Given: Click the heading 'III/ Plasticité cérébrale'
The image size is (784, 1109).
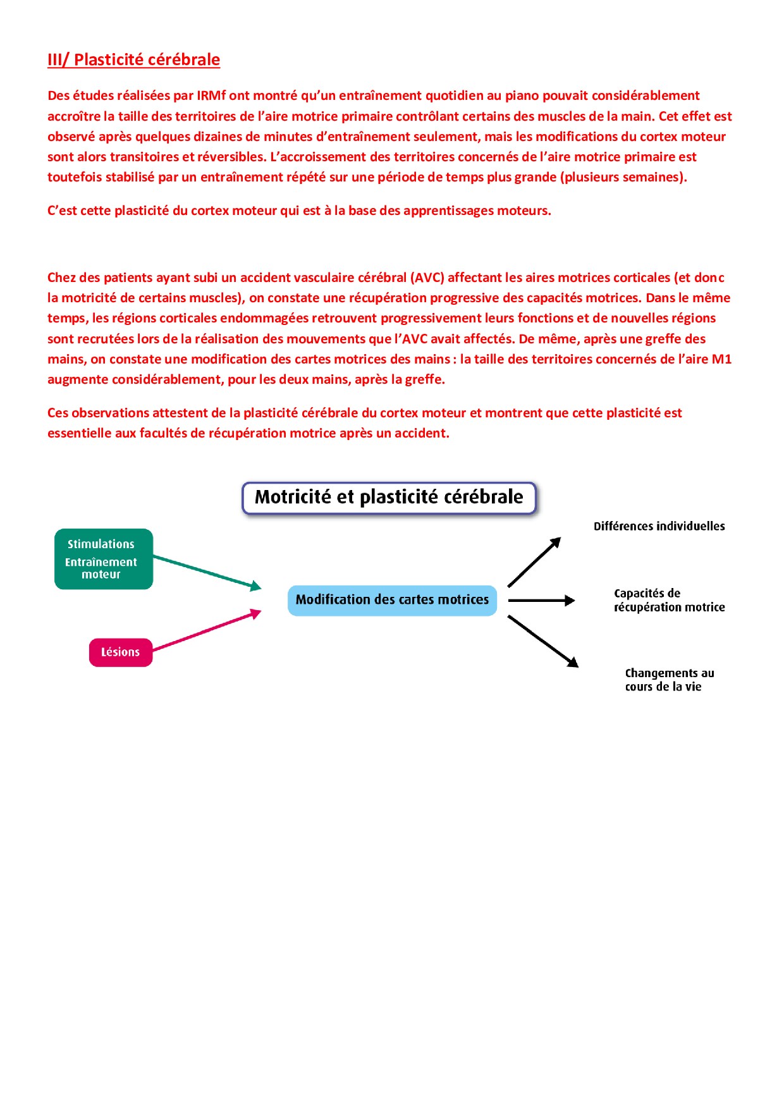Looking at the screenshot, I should [x=133, y=59].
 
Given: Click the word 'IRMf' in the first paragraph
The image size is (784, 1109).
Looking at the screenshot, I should [x=211, y=95].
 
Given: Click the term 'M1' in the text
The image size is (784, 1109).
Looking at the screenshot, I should [x=721, y=359].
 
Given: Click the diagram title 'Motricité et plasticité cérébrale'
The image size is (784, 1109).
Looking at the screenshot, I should [x=389, y=497].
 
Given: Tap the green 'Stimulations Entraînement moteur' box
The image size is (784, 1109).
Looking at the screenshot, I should [x=104, y=559].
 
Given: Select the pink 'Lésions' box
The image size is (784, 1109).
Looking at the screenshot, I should [x=121, y=652].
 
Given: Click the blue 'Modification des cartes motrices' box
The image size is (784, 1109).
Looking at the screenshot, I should [x=392, y=600].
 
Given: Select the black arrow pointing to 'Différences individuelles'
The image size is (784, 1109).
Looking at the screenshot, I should [x=534, y=563].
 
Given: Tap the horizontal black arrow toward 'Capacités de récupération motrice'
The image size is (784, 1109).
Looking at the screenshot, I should [x=541, y=600].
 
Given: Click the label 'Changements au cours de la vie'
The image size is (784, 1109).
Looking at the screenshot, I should [x=669, y=680].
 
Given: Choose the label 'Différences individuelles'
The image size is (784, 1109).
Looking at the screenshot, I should [x=659, y=526].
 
